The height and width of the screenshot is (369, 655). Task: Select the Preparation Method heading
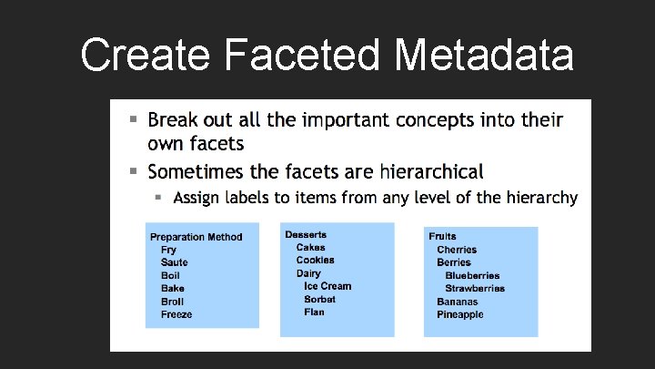click(x=196, y=237)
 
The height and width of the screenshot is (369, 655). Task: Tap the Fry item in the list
click(x=169, y=250)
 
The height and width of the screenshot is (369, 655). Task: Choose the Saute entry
click(x=174, y=262)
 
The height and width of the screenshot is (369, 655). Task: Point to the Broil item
click(x=173, y=302)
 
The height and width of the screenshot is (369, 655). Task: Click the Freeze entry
click(x=176, y=314)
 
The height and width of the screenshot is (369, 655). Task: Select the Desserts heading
click(x=306, y=234)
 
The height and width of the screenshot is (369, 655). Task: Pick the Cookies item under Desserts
click(x=315, y=260)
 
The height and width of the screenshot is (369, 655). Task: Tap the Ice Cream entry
click(x=327, y=286)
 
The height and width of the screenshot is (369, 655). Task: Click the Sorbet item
click(x=320, y=299)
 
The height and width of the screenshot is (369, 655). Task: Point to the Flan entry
click(x=314, y=312)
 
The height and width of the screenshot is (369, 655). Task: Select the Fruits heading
click(x=443, y=236)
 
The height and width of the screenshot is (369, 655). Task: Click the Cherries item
click(x=457, y=250)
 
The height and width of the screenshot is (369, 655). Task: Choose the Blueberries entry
click(x=472, y=275)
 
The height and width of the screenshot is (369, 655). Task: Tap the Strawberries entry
click(x=475, y=289)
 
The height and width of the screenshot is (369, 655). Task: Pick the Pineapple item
click(x=460, y=314)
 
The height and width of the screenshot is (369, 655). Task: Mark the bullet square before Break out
click(x=133, y=119)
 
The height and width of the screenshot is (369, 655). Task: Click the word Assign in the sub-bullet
click(x=196, y=198)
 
